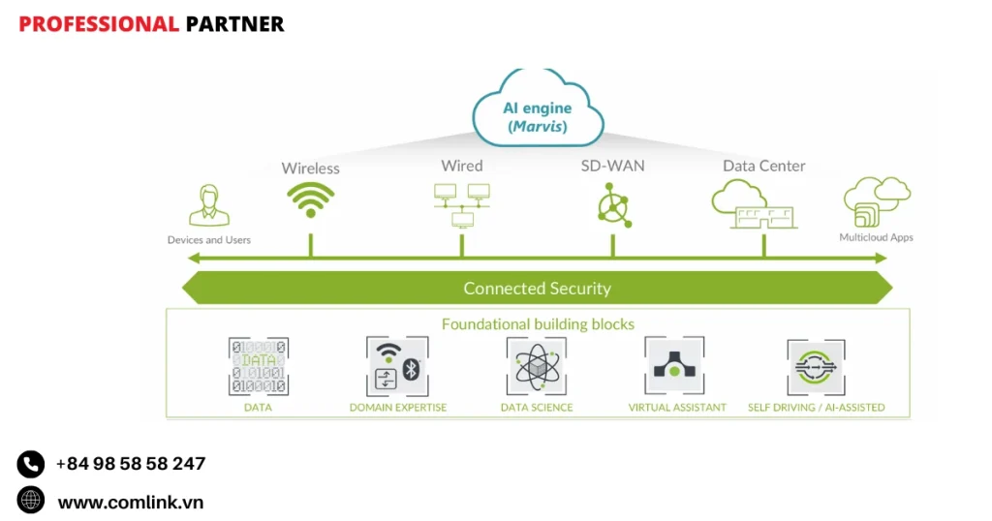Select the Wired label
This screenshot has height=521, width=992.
coord(461,166)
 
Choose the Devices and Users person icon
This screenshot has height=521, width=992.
coord(208,205)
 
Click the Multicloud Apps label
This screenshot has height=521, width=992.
coord(876,237)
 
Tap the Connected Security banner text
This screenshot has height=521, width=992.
coord(537,288)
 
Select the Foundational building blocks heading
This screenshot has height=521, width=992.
coord(538,323)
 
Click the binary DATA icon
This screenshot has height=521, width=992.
coord(258,366)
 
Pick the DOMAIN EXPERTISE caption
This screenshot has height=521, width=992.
coord(398,408)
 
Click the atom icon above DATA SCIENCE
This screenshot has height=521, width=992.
coord(536,366)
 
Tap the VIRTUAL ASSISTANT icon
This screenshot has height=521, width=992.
coord(675,366)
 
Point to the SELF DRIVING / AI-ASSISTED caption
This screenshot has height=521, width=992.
coord(816,408)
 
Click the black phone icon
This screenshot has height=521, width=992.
coord(31,464)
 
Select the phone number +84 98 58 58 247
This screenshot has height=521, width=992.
coord(130,464)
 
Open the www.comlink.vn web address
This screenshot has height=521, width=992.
coord(130,502)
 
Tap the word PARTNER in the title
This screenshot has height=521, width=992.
coord(234,24)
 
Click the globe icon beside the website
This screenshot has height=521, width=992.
coord(31,501)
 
